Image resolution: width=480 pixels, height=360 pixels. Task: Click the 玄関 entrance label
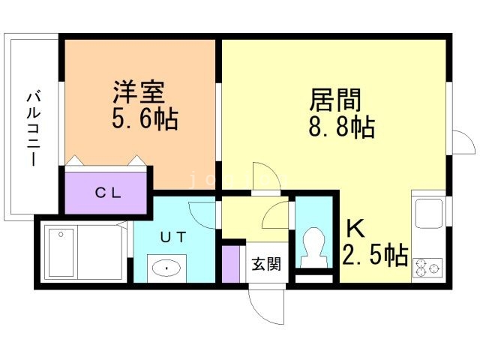pyautogui.click(x=266, y=264)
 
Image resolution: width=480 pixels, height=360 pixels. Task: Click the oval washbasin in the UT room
pyautogui.click(x=163, y=266)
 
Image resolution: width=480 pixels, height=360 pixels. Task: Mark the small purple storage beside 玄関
pyautogui.click(x=230, y=262)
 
